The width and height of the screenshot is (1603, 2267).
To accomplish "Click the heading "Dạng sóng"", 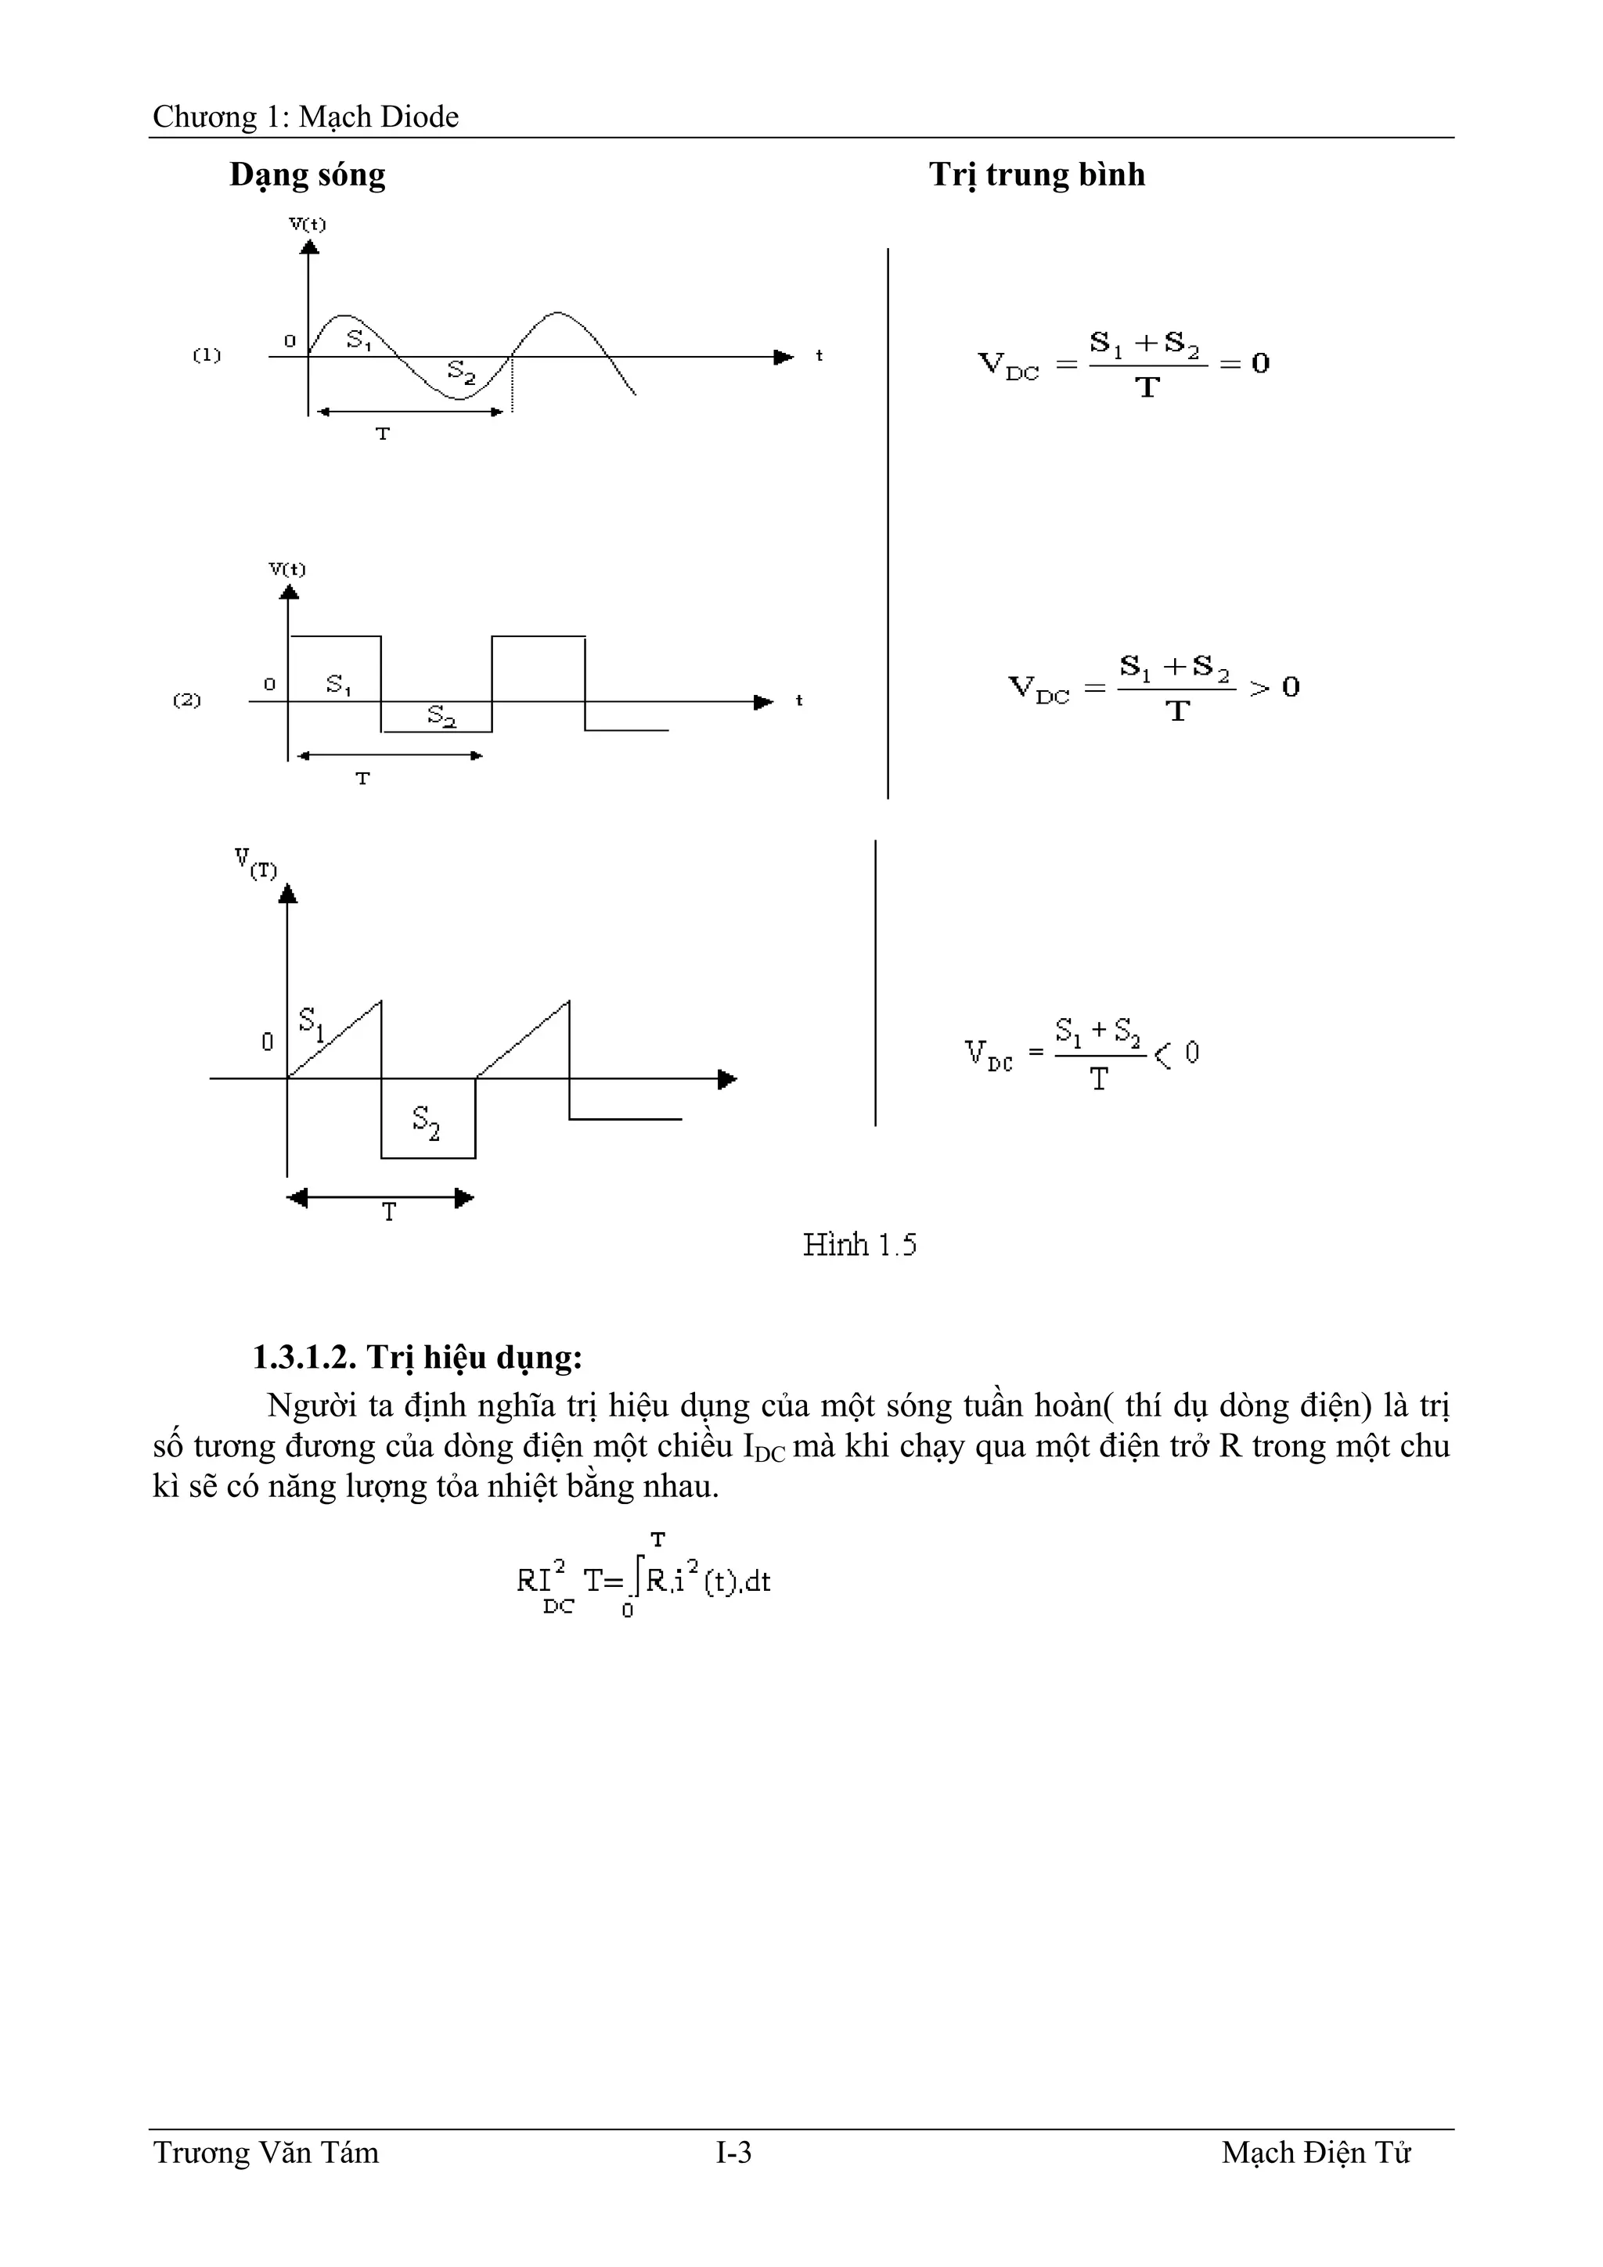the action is (x=307, y=175).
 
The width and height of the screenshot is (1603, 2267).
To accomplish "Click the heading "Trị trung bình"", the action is (x=1036, y=175).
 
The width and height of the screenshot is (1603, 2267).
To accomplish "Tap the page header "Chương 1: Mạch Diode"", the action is (x=305, y=117).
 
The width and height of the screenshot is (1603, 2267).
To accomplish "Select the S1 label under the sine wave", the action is (x=358, y=340).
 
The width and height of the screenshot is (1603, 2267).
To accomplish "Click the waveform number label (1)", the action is (x=207, y=355).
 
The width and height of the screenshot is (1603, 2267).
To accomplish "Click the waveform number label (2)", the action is (x=186, y=700).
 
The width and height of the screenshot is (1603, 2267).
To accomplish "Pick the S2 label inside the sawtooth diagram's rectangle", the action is (x=426, y=1123).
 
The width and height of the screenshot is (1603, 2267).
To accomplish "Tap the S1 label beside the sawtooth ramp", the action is (x=311, y=1023).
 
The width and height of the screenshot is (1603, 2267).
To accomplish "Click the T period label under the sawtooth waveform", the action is (x=389, y=1212).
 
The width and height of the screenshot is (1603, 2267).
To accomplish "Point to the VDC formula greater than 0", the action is (x=1154, y=688).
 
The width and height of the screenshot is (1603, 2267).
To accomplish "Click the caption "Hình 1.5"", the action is (x=859, y=1244).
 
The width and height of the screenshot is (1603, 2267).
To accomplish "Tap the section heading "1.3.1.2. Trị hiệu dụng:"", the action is (x=418, y=1358).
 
